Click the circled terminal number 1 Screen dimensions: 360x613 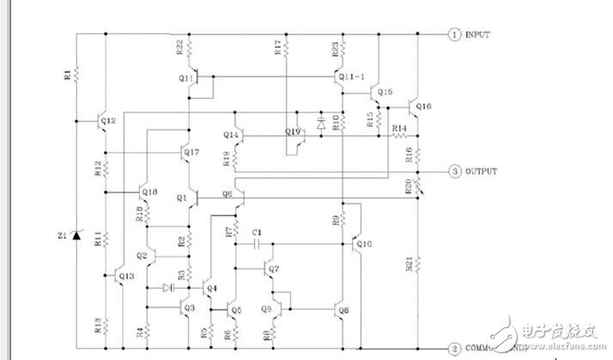(x=453, y=34)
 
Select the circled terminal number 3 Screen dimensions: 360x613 (x=453, y=171)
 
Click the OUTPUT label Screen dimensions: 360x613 (x=482, y=171)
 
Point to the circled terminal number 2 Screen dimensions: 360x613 (x=453, y=349)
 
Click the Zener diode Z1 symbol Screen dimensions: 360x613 (x=76, y=234)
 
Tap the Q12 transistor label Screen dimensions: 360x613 (x=108, y=121)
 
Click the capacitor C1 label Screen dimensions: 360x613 (x=257, y=233)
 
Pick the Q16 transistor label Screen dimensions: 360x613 (x=424, y=107)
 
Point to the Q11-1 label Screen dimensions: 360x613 (x=349, y=77)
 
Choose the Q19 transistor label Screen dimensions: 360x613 (x=294, y=131)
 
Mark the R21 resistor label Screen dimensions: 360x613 (x=407, y=265)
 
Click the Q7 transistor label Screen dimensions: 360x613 (x=275, y=270)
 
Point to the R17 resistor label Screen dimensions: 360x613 (x=277, y=47)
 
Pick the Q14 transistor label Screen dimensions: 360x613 (x=232, y=135)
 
